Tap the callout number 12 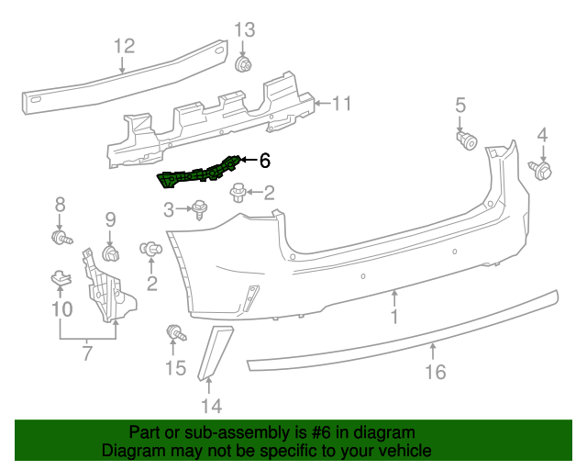pos(124,45)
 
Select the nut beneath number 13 pos(244,64)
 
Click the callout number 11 pos(341,104)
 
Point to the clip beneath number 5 pos(466,139)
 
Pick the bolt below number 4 pos(542,169)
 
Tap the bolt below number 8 pos(62,238)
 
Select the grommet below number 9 pos(112,252)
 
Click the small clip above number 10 pos(59,276)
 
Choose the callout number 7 pos(87,353)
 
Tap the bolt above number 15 pos(173,332)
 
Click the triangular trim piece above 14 pos(214,350)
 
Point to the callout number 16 pos(435,372)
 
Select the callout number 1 pos(394,317)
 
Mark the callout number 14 pos(211,405)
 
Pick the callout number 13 pos(243,29)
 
